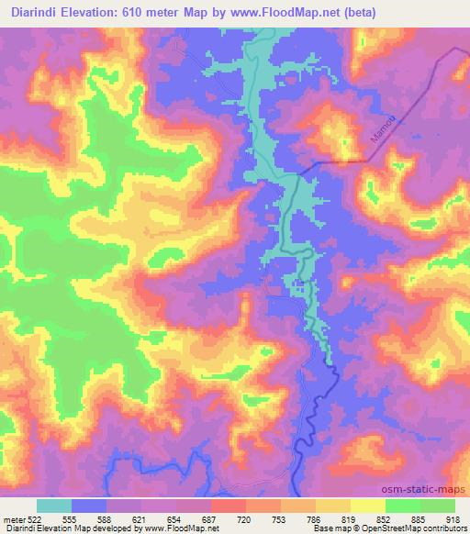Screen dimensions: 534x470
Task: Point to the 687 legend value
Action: [211, 519]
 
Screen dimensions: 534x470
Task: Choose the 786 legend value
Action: [316, 519]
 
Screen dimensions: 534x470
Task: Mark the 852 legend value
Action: [386, 519]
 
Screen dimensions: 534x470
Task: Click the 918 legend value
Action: [453, 519]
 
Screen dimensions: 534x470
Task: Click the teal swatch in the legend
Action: [54, 506]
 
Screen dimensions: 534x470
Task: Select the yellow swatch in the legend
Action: [368, 506]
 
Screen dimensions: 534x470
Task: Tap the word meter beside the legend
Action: [14, 519]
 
